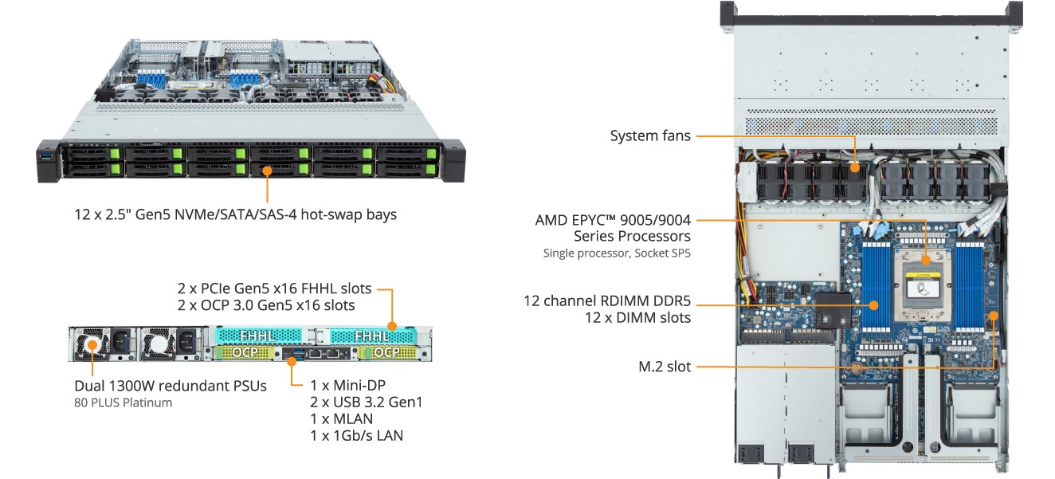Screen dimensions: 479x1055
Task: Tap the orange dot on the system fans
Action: [854, 168]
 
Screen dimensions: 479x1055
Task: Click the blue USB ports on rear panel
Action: [300, 352]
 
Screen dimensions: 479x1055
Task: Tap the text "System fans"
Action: [650, 136]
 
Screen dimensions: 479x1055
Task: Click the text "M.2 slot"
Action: [665, 367]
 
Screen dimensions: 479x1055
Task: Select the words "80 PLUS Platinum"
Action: [123, 402]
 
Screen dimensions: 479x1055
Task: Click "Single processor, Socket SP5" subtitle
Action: [617, 253]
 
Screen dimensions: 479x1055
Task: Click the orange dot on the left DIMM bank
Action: [874, 304]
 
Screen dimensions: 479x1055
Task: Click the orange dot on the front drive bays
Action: [268, 170]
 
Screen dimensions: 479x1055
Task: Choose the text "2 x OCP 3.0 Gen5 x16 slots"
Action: [266, 305]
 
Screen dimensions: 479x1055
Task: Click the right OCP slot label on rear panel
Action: [386, 352]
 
